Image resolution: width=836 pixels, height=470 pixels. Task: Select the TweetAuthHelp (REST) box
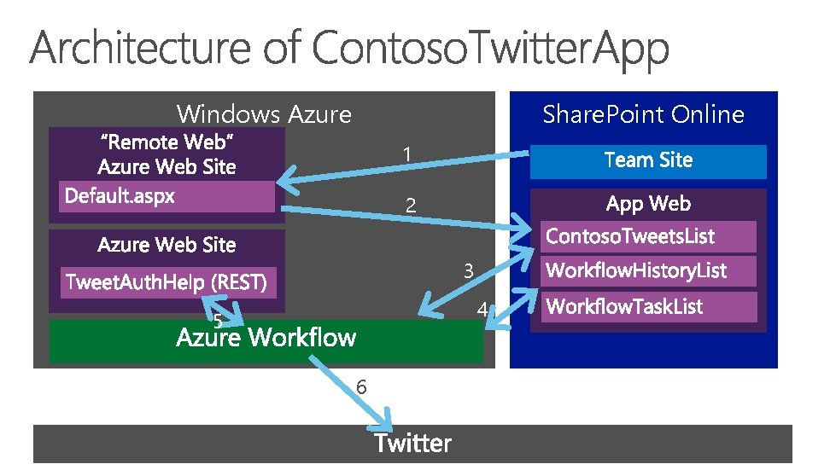(x=168, y=281)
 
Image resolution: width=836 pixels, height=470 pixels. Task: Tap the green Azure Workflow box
(x=266, y=340)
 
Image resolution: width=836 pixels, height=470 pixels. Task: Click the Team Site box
(x=648, y=160)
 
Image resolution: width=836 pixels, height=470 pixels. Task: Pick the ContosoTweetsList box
(x=648, y=236)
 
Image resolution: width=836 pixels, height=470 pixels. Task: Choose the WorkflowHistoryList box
(x=648, y=271)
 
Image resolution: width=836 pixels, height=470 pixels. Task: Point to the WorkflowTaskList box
(x=648, y=306)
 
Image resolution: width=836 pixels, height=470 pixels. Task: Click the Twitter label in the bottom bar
(x=412, y=444)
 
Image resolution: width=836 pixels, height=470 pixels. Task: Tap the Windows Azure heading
(x=264, y=113)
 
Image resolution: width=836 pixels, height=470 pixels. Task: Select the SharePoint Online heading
(x=643, y=113)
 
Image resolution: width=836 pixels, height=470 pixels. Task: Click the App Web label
(x=648, y=204)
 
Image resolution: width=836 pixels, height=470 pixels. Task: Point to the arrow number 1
(x=409, y=154)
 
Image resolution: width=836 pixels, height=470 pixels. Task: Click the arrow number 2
(x=411, y=206)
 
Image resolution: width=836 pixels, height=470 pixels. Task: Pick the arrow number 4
(x=482, y=310)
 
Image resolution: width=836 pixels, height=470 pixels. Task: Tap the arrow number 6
(x=361, y=387)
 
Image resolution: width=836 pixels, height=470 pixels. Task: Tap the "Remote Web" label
(x=167, y=142)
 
